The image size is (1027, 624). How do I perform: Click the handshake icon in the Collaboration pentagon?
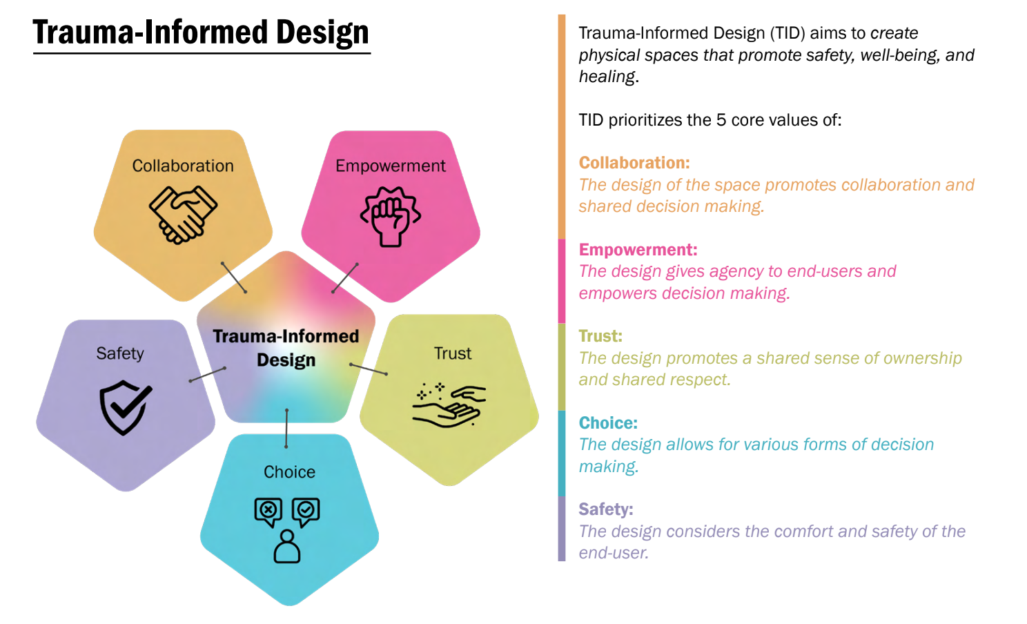click(x=184, y=215)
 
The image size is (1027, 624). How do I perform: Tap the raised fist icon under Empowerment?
click(x=390, y=217)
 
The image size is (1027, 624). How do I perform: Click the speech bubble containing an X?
click(x=268, y=513)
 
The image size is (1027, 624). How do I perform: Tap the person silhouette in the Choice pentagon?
click(x=287, y=546)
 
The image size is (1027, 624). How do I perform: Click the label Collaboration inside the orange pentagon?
click(x=183, y=166)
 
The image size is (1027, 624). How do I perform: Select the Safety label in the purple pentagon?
click(x=120, y=353)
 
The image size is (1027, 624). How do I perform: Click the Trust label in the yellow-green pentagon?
click(x=453, y=353)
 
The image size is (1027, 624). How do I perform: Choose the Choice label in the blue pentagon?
click(x=289, y=471)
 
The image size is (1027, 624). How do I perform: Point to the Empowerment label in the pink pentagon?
click(x=390, y=166)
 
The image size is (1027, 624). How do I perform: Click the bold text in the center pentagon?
click(x=286, y=348)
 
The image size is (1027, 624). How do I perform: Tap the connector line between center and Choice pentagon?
click(x=286, y=428)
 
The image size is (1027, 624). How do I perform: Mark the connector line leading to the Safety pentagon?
click(x=208, y=375)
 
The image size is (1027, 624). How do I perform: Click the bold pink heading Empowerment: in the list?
click(x=638, y=250)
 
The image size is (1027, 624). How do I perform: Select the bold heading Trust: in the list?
click(x=600, y=336)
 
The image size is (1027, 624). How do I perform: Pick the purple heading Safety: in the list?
click(x=606, y=509)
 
